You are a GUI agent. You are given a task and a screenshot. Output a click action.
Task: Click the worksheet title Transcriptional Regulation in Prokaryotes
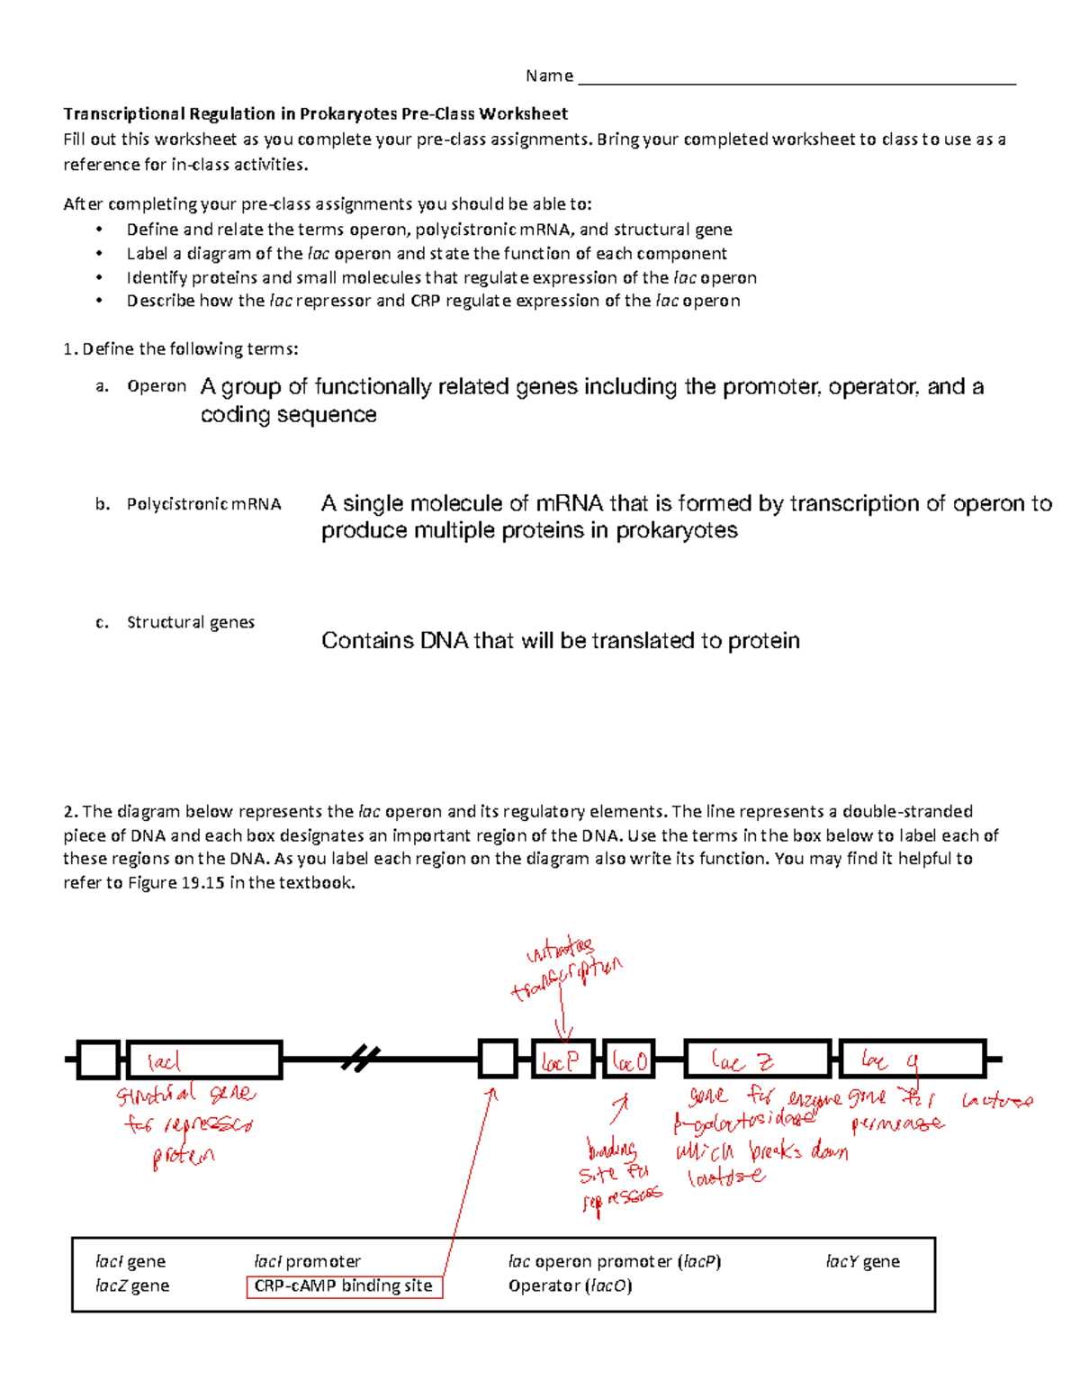pyautogui.click(x=315, y=113)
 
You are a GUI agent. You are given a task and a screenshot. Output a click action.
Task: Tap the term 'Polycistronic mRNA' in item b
pyautogui.click(x=203, y=504)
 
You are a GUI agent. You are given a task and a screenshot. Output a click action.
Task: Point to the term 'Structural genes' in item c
pyautogui.click(x=190, y=622)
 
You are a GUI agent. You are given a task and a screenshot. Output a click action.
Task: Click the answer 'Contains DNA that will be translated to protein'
pyautogui.click(x=560, y=641)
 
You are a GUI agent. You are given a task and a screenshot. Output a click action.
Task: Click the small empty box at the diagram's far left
pyautogui.click(x=98, y=1060)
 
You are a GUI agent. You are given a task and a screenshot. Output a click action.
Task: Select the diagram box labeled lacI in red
pyautogui.click(x=204, y=1060)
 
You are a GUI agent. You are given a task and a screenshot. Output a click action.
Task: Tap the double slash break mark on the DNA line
pyautogui.click(x=360, y=1060)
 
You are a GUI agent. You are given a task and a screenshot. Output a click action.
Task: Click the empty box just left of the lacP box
pyautogui.click(x=498, y=1060)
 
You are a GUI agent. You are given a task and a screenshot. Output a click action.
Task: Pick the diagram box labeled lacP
pyautogui.click(x=564, y=1060)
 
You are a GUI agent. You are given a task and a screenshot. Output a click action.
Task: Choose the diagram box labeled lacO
pyautogui.click(x=628, y=1060)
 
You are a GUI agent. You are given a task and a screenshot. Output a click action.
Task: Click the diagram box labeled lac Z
pyautogui.click(x=757, y=1060)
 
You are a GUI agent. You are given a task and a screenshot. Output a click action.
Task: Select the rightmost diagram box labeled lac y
pyautogui.click(x=913, y=1060)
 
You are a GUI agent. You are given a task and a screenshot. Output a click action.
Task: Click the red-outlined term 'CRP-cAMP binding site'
pyautogui.click(x=344, y=1286)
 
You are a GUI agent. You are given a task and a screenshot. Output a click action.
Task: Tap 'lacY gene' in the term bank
pyautogui.click(x=862, y=1261)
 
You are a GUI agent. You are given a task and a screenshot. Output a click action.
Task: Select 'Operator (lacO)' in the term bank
pyautogui.click(x=570, y=1285)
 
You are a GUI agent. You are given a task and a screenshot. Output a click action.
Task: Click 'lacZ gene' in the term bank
pyautogui.click(x=132, y=1285)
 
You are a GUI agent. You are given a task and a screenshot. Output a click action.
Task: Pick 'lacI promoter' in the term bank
pyautogui.click(x=307, y=1261)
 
